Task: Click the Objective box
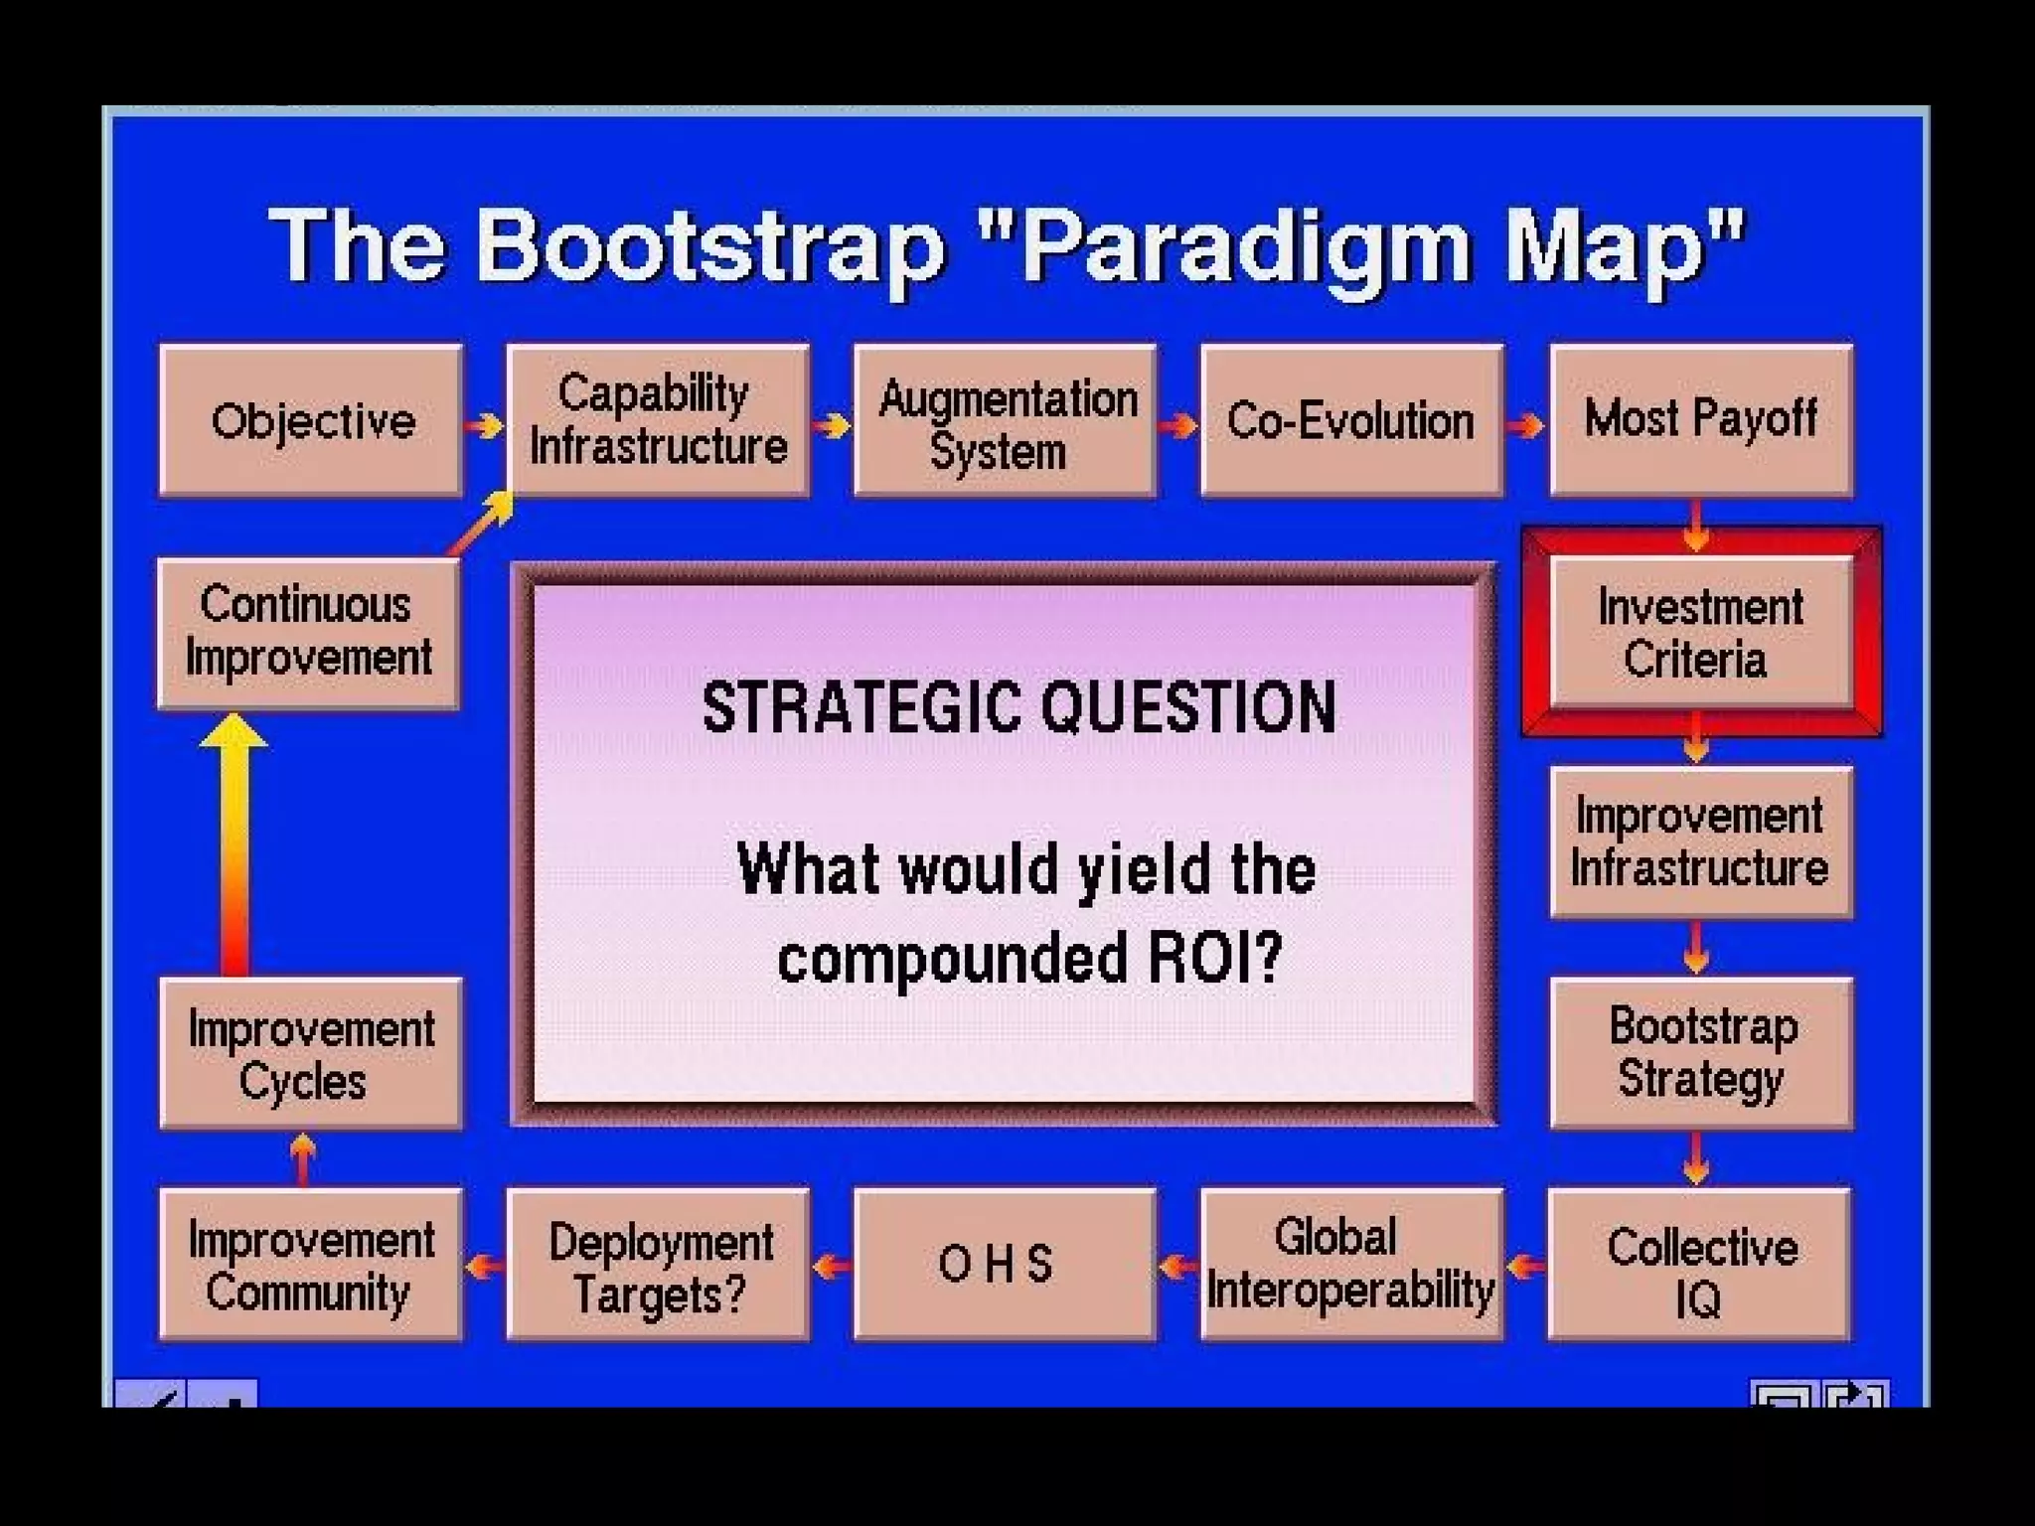click(x=311, y=420)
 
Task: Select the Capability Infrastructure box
click(x=658, y=420)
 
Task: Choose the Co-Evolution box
click(x=1351, y=420)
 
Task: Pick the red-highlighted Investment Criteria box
click(x=1700, y=633)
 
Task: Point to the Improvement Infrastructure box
click(x=1700, y=841)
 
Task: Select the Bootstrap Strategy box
click(x=1700, y=1052)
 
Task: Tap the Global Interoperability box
click(x=1351, y=1265)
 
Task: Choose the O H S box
click(x=1005, y=1265)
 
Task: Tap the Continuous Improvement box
click(x=309, y=633)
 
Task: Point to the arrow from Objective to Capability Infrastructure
click(x=485, y=426)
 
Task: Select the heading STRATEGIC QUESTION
click(x=1018, y=707)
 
